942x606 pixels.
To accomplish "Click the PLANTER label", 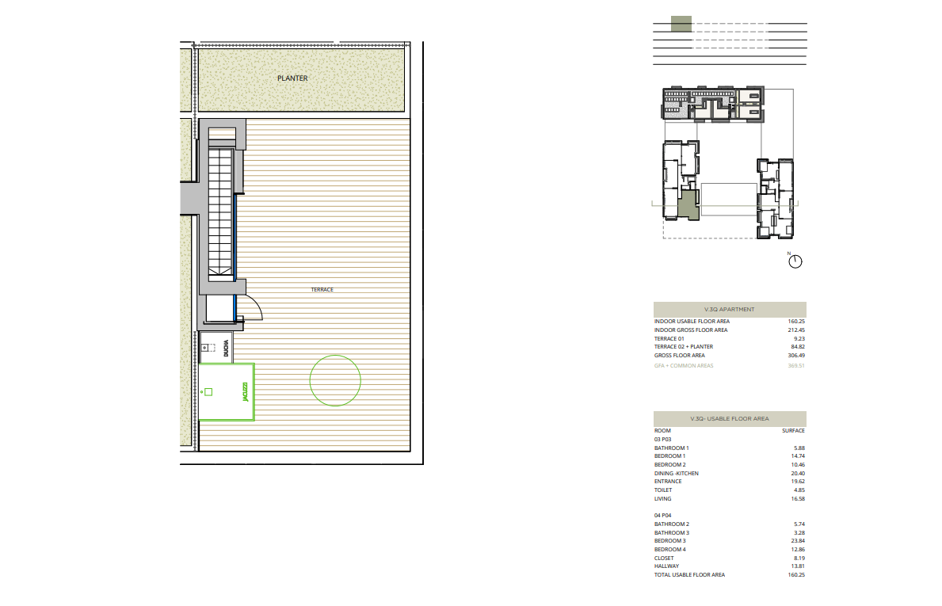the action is tap(292, 78).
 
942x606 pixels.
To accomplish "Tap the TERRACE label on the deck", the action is tap(322, 289).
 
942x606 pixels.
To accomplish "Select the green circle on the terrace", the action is tap(335, 356).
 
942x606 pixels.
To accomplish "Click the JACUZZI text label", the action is tap(245, 392).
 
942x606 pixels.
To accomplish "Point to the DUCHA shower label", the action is tap(226, 349).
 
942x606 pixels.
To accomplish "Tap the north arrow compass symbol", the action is tap(795, 261).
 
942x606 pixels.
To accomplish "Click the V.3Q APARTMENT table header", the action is tap(730, 309).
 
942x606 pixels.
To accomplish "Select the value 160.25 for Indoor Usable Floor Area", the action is tap(796, 322).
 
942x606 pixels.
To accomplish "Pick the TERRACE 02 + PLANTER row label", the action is tap(684, 346).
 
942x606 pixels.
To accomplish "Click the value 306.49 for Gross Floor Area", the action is tap(796, 356).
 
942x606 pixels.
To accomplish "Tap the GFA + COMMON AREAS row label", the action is tap(684, 366).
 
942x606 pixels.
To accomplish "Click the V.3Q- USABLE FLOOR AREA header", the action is tap(730, 418).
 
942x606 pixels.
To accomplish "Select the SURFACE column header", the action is tap(794, 431).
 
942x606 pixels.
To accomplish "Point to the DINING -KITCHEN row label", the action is tap(677, 473).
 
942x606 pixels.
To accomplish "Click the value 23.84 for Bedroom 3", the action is tap(798, 540).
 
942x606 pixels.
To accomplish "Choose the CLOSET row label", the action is tap(664, 558).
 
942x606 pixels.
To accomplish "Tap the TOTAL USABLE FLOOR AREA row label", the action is tap(690, 575).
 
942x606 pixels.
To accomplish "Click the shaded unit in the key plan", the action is tap(689, 205).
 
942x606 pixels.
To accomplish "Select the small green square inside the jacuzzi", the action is tap(208, 392).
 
